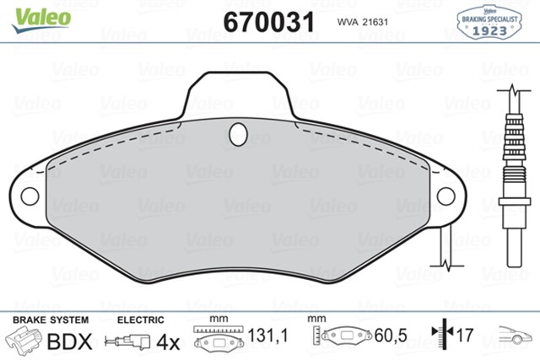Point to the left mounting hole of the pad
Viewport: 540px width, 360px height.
click(30, 196)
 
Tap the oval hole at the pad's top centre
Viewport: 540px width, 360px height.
click(239, 133)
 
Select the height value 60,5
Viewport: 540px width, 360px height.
click(391, 336)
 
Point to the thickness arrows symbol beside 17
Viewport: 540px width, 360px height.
click(441, 336)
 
